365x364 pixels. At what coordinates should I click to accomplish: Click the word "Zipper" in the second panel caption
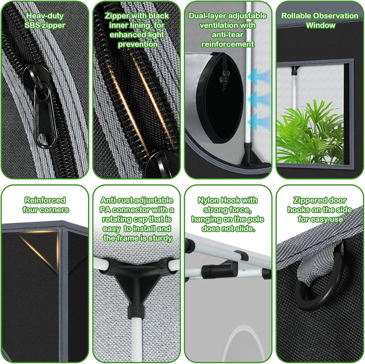pos(117,16)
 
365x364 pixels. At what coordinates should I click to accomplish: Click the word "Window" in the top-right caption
pos(321,25)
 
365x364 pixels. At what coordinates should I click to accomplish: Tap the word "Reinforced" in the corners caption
pos(45,200)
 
